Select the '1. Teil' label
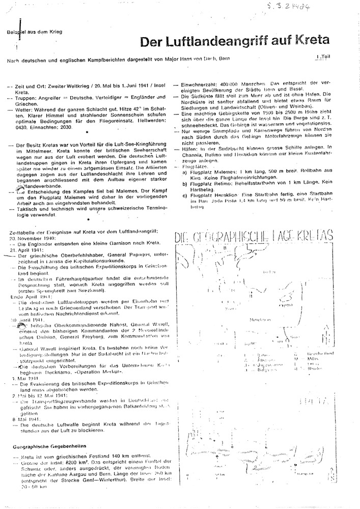coord(323,59)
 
